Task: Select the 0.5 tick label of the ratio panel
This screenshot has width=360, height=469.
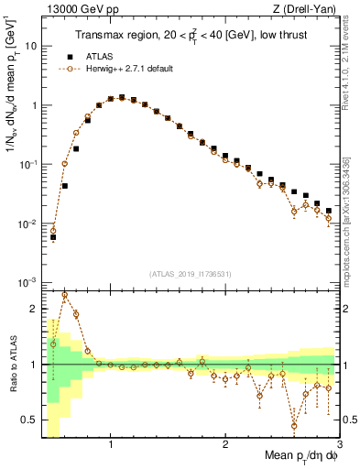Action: tap(32, 420)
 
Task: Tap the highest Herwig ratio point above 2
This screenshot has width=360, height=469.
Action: tap(64, 295)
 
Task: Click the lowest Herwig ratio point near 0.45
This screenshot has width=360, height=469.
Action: tap(294, 426)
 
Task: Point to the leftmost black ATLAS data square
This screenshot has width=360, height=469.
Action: tap(53, 237)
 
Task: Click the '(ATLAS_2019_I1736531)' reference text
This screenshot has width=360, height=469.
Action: tap(191, 274)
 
